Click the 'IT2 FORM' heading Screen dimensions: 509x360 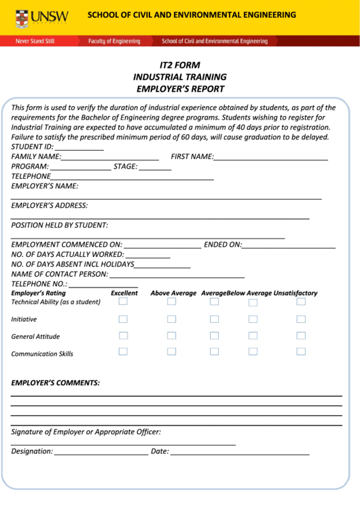tap(180, 65)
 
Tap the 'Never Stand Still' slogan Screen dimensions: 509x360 tap(35, 41)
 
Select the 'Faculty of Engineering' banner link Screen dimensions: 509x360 tap(114, 41)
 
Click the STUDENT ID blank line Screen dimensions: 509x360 tap(79, 147)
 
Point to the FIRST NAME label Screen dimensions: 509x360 tap(192, 156)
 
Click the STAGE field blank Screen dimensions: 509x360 tap(156, 167)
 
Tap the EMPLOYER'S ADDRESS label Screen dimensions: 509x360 tap(50, 205)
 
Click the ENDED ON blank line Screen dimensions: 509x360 tap(289, 245)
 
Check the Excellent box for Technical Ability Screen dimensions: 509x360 tap(123, 302)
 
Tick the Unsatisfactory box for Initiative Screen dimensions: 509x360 tap(301, 319)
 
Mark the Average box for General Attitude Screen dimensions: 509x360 tap(214, 336)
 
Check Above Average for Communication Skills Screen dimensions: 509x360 tap(171, 351)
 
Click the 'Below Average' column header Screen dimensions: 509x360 tap(249, 294)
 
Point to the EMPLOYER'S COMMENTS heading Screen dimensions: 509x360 tap(56, 383)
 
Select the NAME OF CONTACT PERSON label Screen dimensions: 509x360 tap(60, 274)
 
